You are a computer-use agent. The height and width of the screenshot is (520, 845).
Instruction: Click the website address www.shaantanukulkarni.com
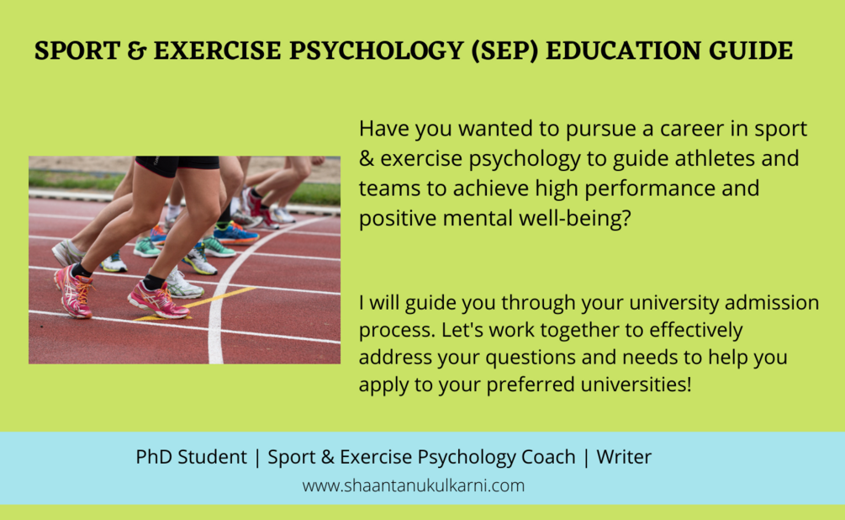414,486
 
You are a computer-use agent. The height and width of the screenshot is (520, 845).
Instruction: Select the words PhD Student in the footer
191,457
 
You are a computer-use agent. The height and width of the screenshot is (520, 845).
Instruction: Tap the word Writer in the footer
624,457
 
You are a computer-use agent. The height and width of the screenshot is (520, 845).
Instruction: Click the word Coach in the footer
545,457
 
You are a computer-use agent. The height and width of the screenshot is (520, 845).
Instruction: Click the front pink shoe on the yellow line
158,300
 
